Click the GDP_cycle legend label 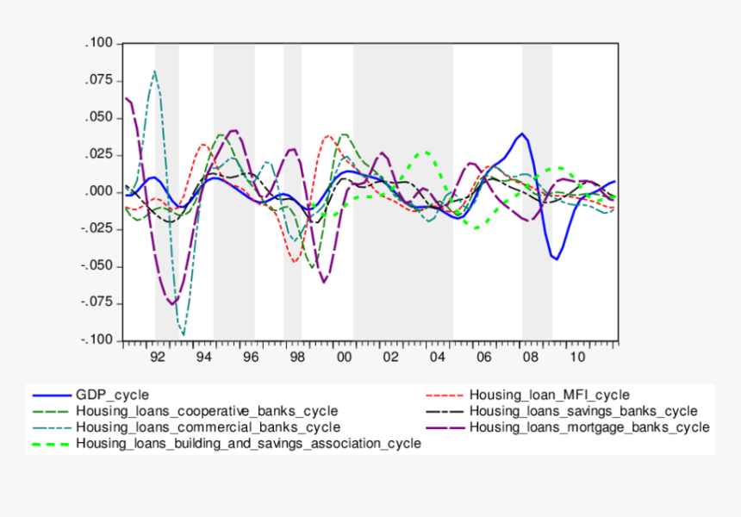point(112,396)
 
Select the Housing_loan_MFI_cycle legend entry point(549,396)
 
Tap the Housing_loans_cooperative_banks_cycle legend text point(207,411)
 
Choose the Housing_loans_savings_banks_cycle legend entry point(583,411)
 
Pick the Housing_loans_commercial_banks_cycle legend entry point(208,427)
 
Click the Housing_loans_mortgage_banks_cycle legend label point(589,427)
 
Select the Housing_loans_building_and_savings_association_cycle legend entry point(248,444)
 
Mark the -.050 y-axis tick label point(96,265)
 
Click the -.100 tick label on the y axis point(96,340)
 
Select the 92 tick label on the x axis point(156,356)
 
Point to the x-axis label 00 point(344,356)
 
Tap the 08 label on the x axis point(532,356)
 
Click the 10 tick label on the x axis point(578,356)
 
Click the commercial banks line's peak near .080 point(154,71)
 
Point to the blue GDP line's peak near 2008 point(521,134)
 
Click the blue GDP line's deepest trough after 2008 point(557,258)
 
